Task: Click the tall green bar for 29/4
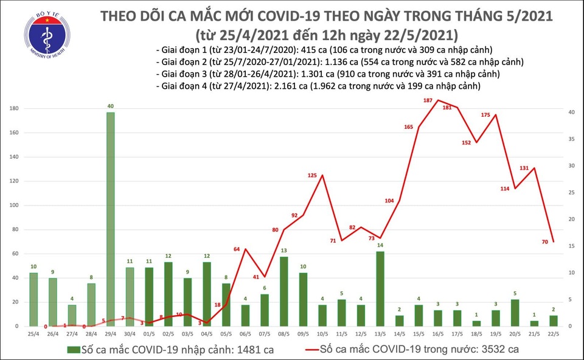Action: tap(109, 219)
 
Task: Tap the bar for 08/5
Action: tap(283, 291)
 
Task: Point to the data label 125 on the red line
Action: tap(312, 176)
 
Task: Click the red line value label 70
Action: tap(544, 242)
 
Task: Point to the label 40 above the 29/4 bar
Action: tap(109, 106)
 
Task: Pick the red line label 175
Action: tap(485, 115)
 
